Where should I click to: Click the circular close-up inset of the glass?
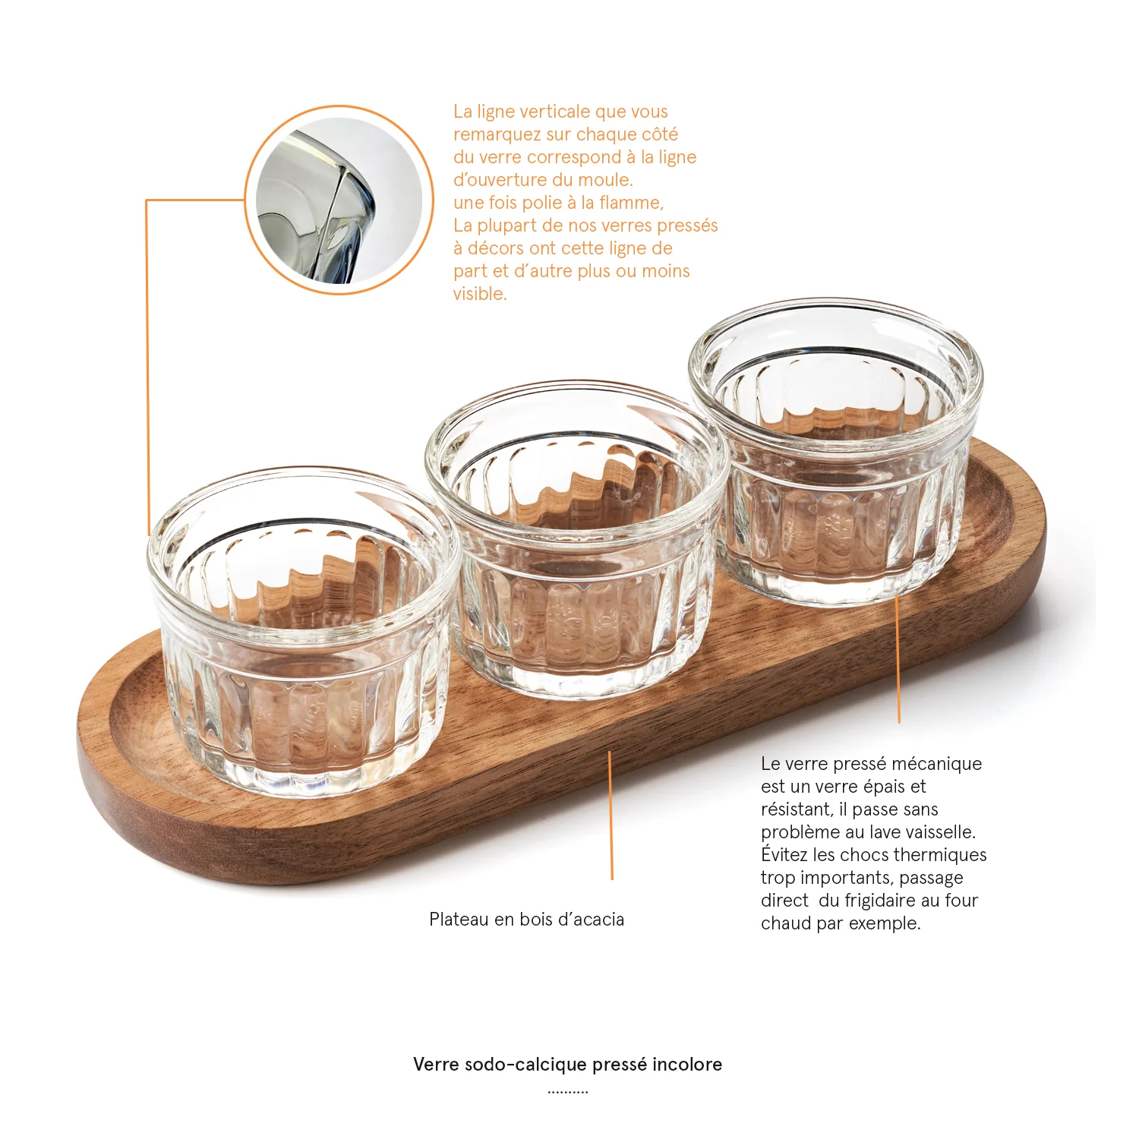(x=339, y=200)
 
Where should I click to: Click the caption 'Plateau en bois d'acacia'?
(x=526, y=920)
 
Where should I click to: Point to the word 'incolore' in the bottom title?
(x=686, y=1065)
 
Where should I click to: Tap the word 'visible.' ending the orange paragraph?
(x=480, y=294)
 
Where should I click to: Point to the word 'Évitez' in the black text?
(x=784, y=855)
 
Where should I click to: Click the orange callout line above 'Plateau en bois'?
(x=611, y=816)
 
